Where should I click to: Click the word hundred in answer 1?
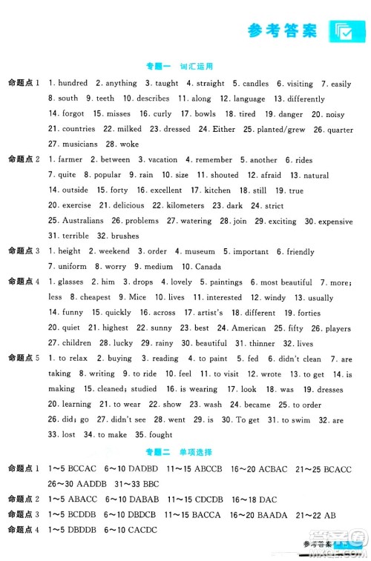(72, 84)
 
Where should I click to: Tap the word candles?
(255, 84)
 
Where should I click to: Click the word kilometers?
(183, 205)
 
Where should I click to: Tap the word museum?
(198, 252)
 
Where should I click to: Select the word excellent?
(166, 190)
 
